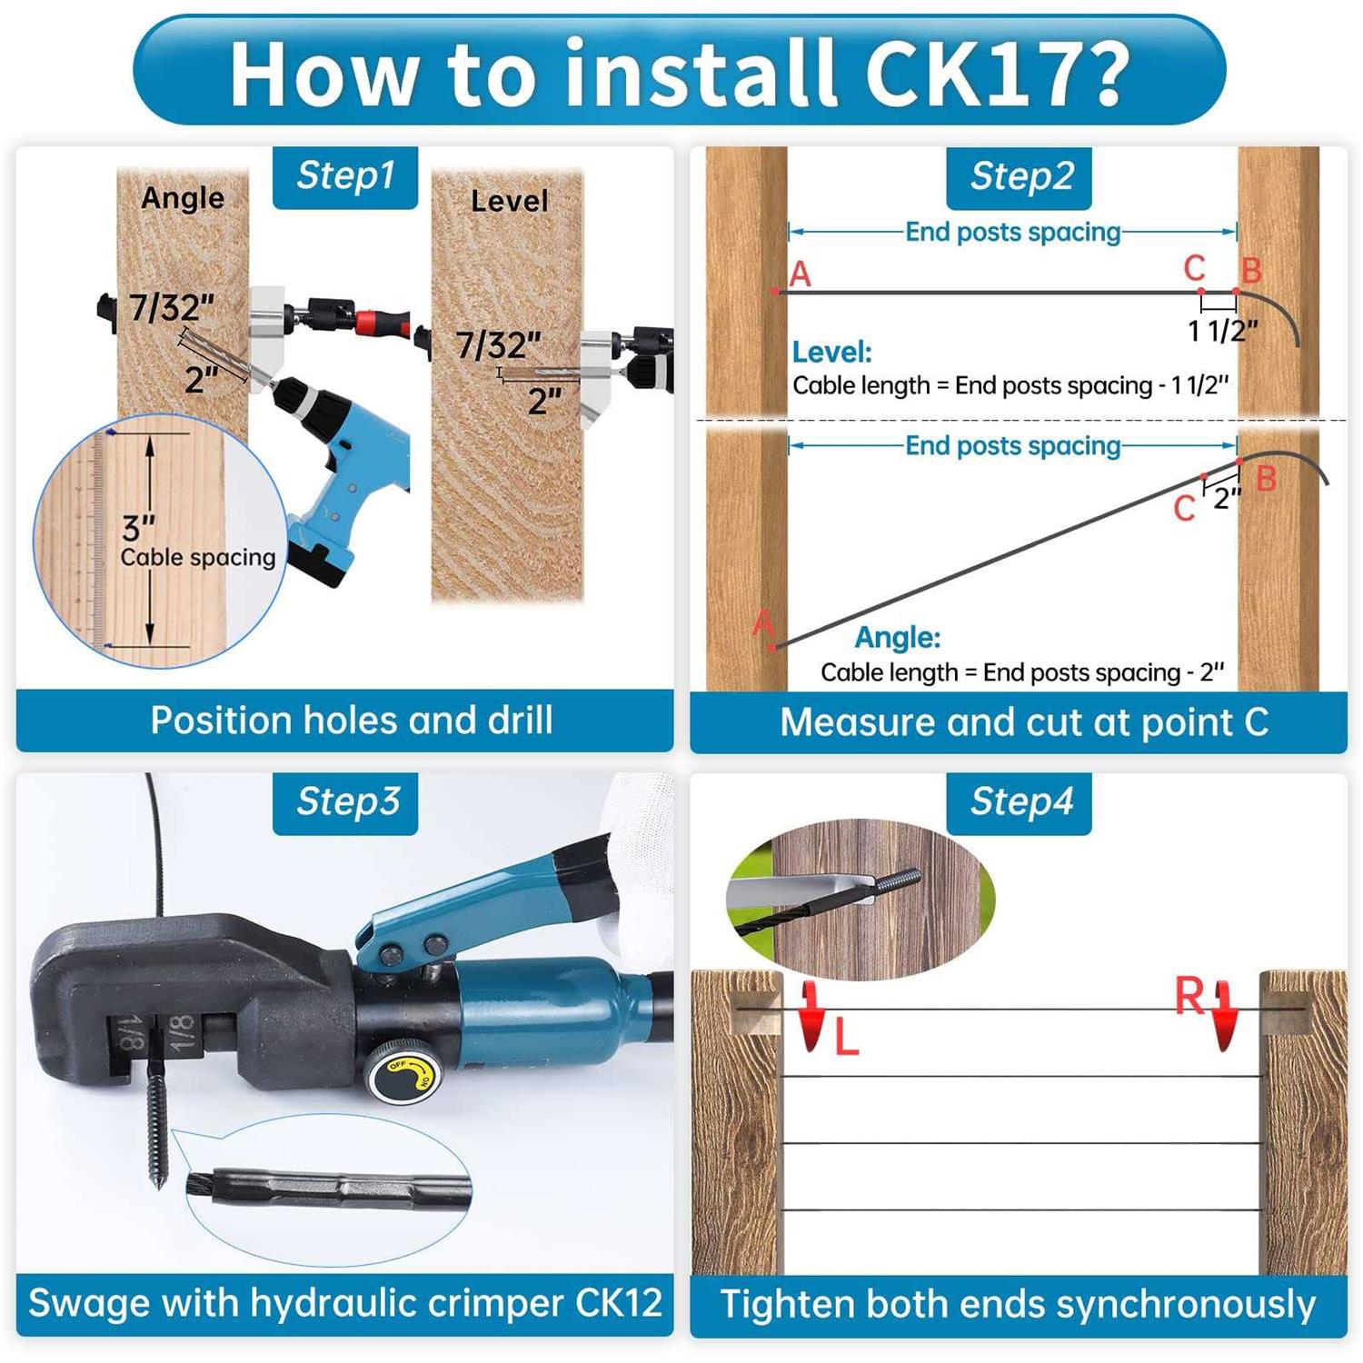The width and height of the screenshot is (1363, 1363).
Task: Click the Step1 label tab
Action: [345, 176]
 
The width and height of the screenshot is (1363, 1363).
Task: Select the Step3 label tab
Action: [345, 802]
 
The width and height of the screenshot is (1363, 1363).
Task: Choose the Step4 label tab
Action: [1020, 802]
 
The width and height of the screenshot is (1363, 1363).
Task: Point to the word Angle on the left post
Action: [183, 197]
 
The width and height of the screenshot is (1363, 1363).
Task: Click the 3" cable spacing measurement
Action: [138, 528]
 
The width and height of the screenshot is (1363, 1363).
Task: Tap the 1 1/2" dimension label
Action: [1222, 331]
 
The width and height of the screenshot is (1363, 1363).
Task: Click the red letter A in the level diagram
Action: [800, 274]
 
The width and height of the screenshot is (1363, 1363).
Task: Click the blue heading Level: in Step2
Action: [831, 352]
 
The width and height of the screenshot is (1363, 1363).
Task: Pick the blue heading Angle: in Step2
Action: [897, 637]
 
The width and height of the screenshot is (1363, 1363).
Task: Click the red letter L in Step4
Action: [846, 1037]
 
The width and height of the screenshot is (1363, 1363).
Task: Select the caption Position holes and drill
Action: [351, 721]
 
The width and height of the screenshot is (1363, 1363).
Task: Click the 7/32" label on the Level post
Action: [497, 345]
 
